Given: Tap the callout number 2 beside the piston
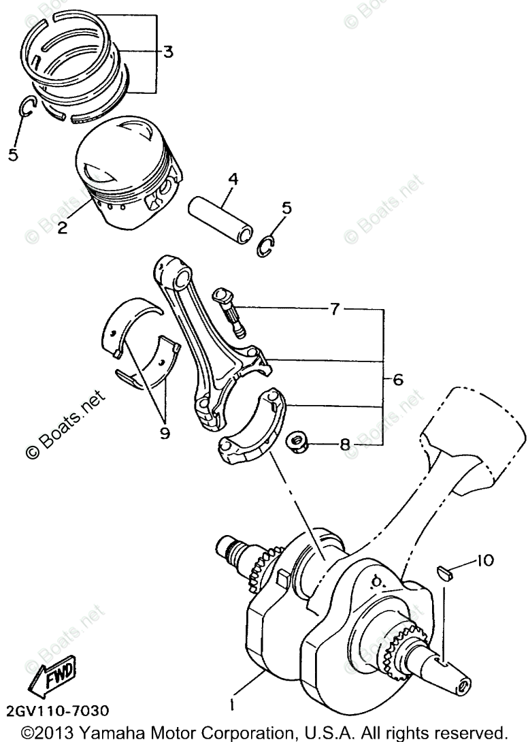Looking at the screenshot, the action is (62, 227).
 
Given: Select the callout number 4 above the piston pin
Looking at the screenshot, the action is (233, 180).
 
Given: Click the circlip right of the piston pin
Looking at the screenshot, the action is (267, 246).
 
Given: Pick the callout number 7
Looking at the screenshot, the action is (334, 309).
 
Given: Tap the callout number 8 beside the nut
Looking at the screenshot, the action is (345, 446).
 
